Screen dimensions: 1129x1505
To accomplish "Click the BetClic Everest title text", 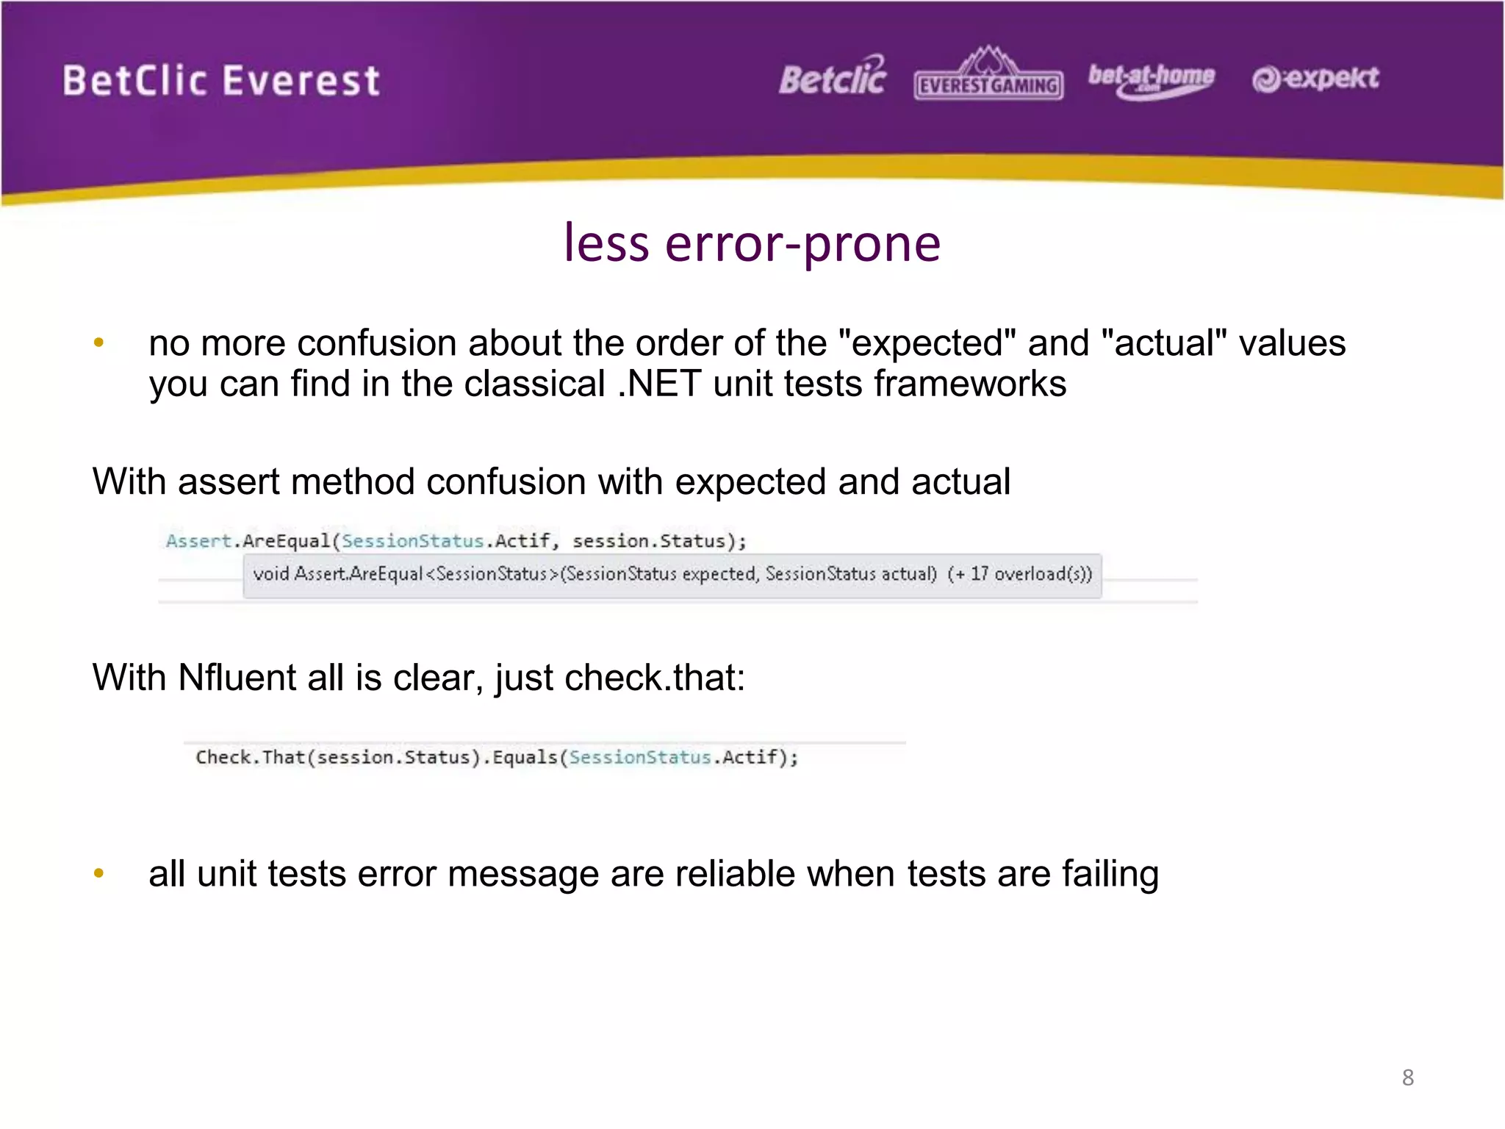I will (220, 80).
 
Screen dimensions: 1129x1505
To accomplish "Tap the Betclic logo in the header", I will (833, 77).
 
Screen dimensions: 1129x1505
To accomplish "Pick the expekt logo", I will (1315, 78).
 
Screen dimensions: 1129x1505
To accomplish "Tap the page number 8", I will (1407, 1078).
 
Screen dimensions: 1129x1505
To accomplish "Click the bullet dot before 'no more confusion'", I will (99, 342).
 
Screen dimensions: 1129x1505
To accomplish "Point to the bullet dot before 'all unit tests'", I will (99, 873).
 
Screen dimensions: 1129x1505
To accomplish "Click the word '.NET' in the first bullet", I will (658, 384).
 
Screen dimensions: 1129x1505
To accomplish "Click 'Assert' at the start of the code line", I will (198, 541).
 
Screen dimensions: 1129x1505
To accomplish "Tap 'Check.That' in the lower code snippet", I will (250, 757).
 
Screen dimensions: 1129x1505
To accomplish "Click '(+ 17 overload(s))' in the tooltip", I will (1019, 573).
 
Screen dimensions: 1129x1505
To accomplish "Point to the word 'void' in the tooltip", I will (270, 573).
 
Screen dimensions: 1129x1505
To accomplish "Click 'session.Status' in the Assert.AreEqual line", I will (648, 541).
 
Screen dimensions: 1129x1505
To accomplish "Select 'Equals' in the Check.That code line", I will (525, 757).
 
